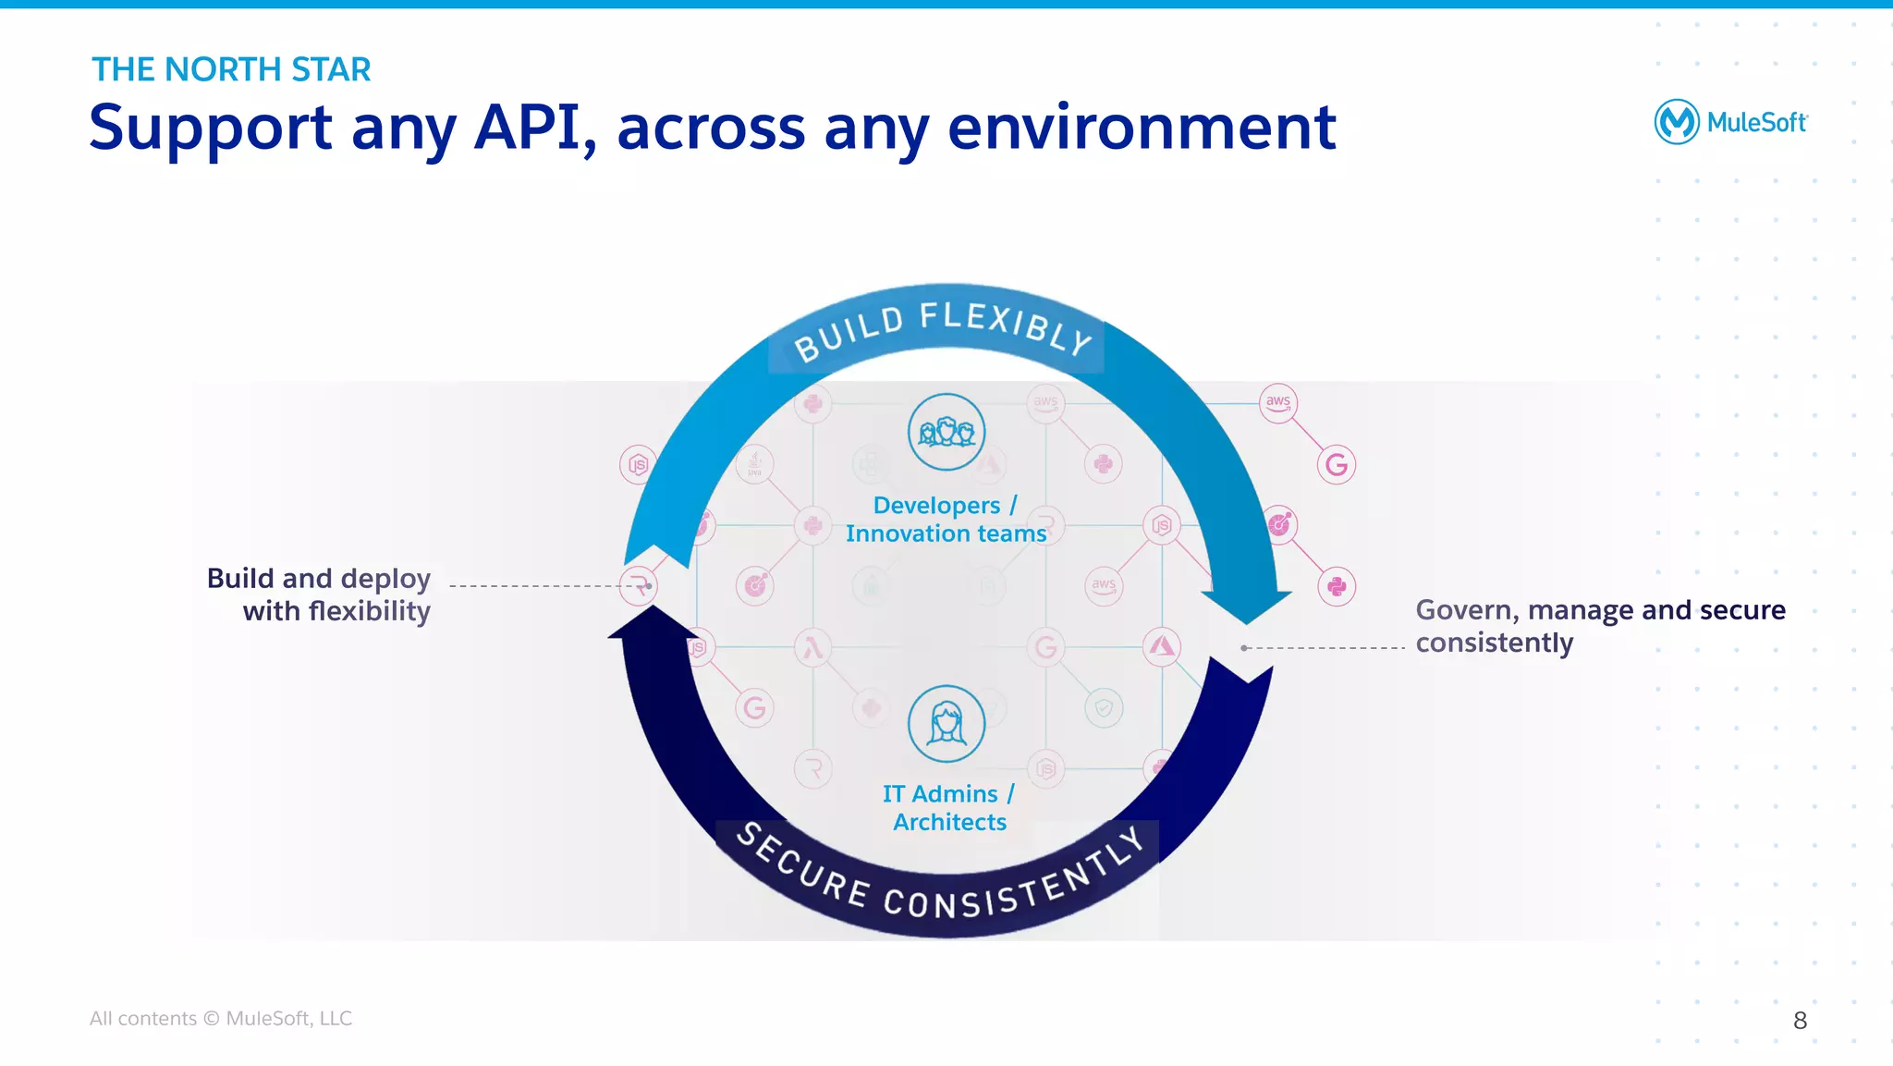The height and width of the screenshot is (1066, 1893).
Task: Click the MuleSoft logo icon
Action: tap(1676, 121)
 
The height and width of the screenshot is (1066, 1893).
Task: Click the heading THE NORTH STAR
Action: tap(231, 69)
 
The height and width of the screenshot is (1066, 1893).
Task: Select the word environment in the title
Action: tap(1142, 127)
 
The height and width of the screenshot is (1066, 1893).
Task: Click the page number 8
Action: tap(1800, 1021)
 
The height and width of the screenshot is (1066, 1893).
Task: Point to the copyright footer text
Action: tap(220, 1018)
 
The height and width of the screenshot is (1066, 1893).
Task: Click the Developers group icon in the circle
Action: tap(946, 432)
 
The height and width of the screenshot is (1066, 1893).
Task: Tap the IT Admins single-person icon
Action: tap(946, 723)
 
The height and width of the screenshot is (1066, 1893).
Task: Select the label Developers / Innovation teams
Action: tap(946, 520)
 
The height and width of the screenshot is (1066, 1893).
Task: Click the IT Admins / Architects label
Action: tap(948, 808)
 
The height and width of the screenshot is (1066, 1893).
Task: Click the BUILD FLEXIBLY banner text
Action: tap(943, 329)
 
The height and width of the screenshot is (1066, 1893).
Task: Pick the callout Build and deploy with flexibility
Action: tap(319, 594)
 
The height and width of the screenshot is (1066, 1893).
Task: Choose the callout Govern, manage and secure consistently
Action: tap(1599, 626)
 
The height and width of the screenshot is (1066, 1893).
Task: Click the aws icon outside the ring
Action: tap(1278, 403)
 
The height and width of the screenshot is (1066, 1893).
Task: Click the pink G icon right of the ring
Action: tap(1337, 464)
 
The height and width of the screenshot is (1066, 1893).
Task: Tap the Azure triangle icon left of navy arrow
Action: tap(1162, 646)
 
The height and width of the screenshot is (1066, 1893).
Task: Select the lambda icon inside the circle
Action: tap(813, 647)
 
